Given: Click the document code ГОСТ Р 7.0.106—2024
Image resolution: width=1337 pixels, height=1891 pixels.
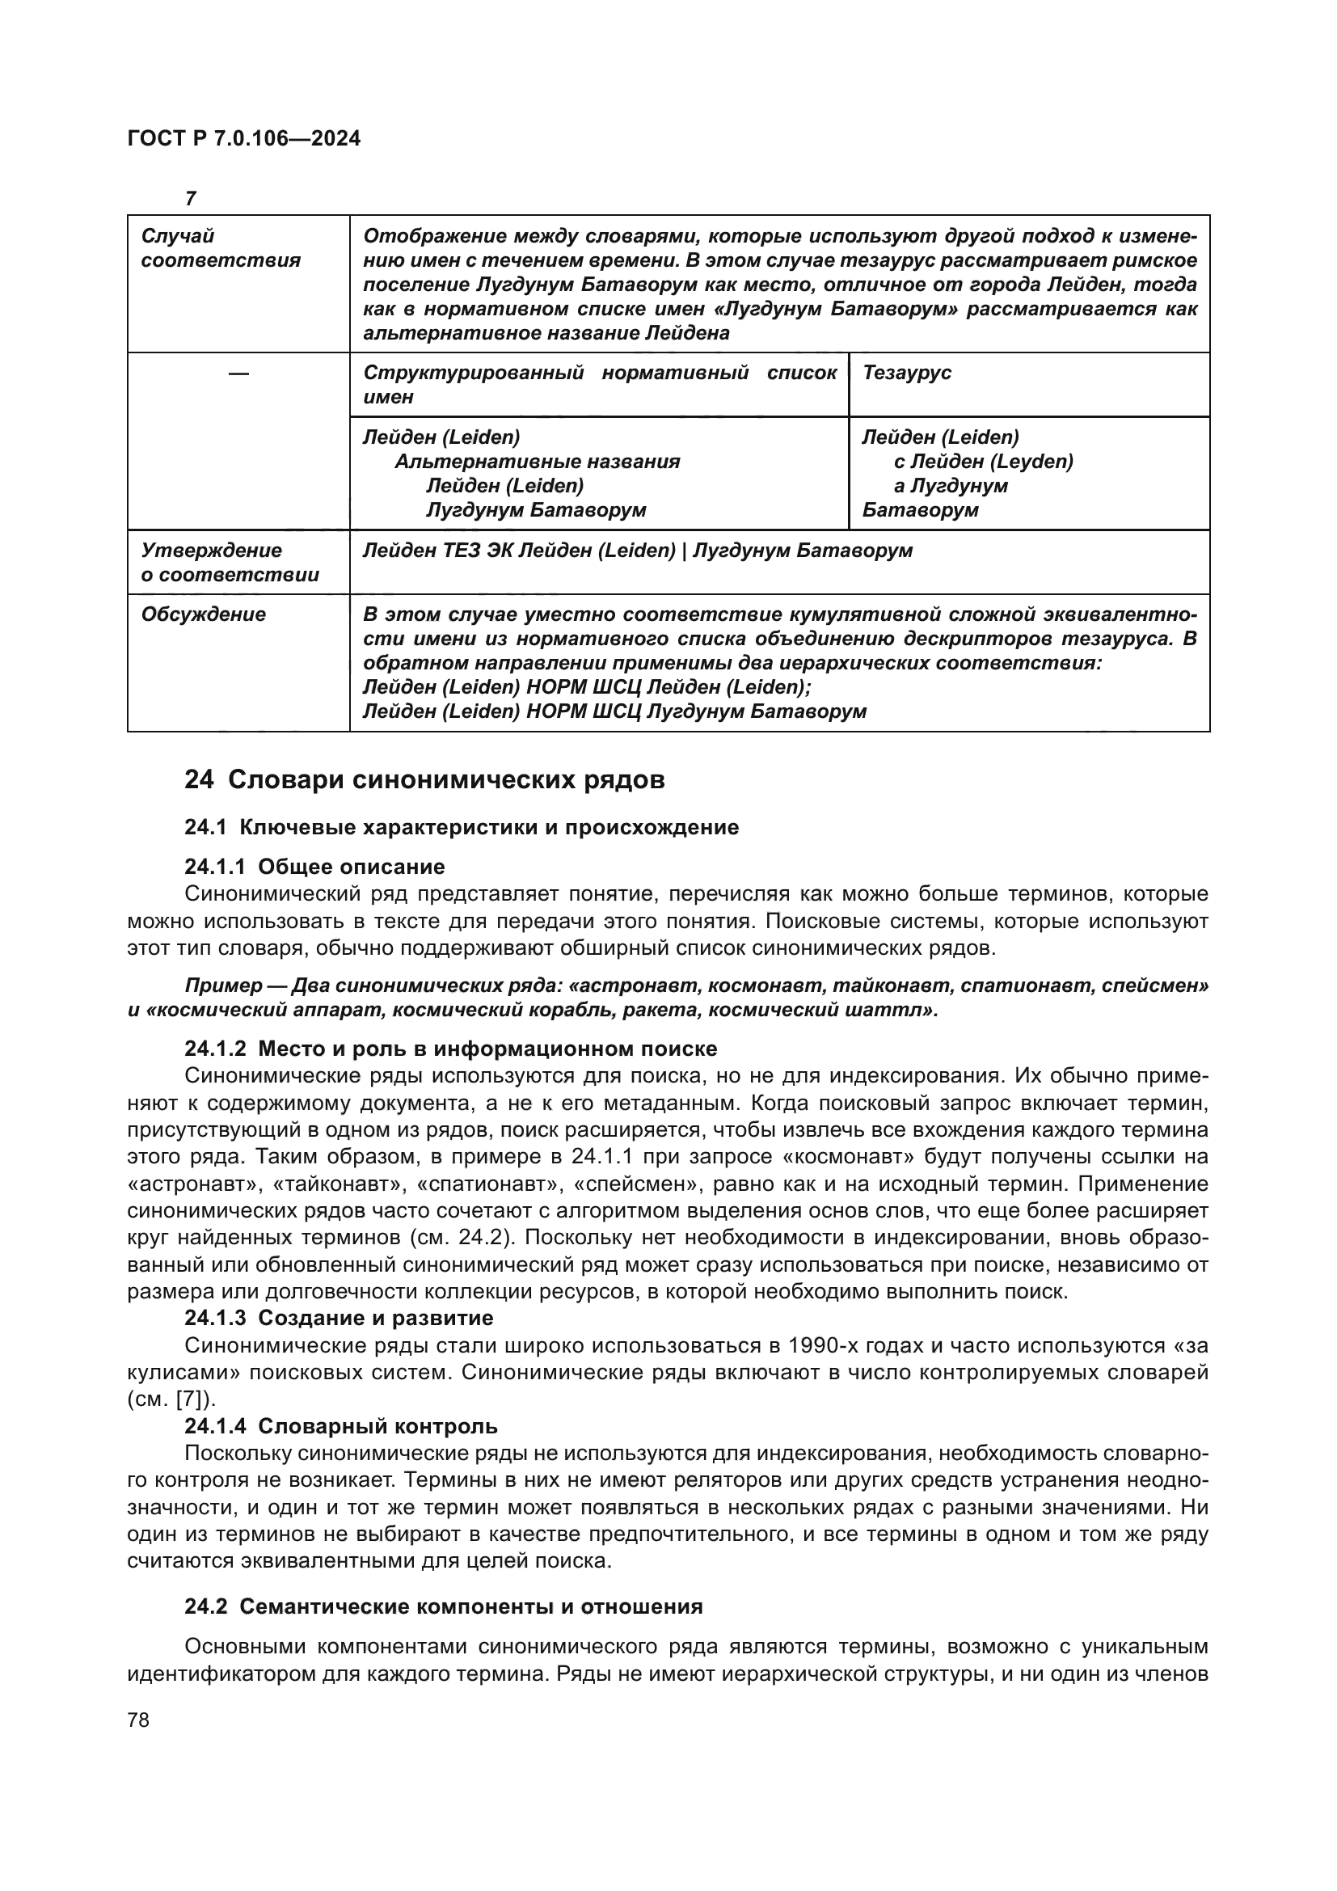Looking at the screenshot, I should pyautogui.click(x=243, y=138).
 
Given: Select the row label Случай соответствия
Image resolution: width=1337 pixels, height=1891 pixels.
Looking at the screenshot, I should pyautogui.click(x=221, y=249).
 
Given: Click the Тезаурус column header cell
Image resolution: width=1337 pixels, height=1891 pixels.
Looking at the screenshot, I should pyautogui.click(x=906, y=372).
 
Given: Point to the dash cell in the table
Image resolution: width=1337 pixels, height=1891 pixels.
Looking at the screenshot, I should pyautogui.click(x=238, y=374).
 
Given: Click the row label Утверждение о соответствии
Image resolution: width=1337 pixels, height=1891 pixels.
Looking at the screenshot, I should pyautogui.click(x=230, y=563).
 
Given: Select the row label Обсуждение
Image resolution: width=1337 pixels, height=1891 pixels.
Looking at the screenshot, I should pyautogui.click(x=204, y=614).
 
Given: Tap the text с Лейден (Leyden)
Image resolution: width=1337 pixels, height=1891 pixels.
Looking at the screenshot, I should pyautogui.click(x=983, y=461).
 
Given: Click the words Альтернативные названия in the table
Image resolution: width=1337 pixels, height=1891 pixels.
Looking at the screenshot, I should pyautogui.click(x=537, y=461).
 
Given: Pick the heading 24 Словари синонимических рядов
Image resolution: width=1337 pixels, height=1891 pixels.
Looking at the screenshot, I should pyautogui.click(x=424, y=779).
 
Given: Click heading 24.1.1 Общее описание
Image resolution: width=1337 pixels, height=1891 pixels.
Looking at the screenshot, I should pyautogui.click(x=314, y=867).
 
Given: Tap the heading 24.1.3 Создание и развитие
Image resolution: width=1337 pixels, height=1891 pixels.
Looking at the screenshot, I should pyautogui.click(x=339, y=1318).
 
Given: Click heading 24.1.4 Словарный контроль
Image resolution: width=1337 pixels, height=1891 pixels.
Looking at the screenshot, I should pyautogui.click(x=341, y=1425).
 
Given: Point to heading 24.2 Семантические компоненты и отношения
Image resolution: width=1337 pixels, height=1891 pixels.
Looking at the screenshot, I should pyautogui.click(x=443, y=1607).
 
